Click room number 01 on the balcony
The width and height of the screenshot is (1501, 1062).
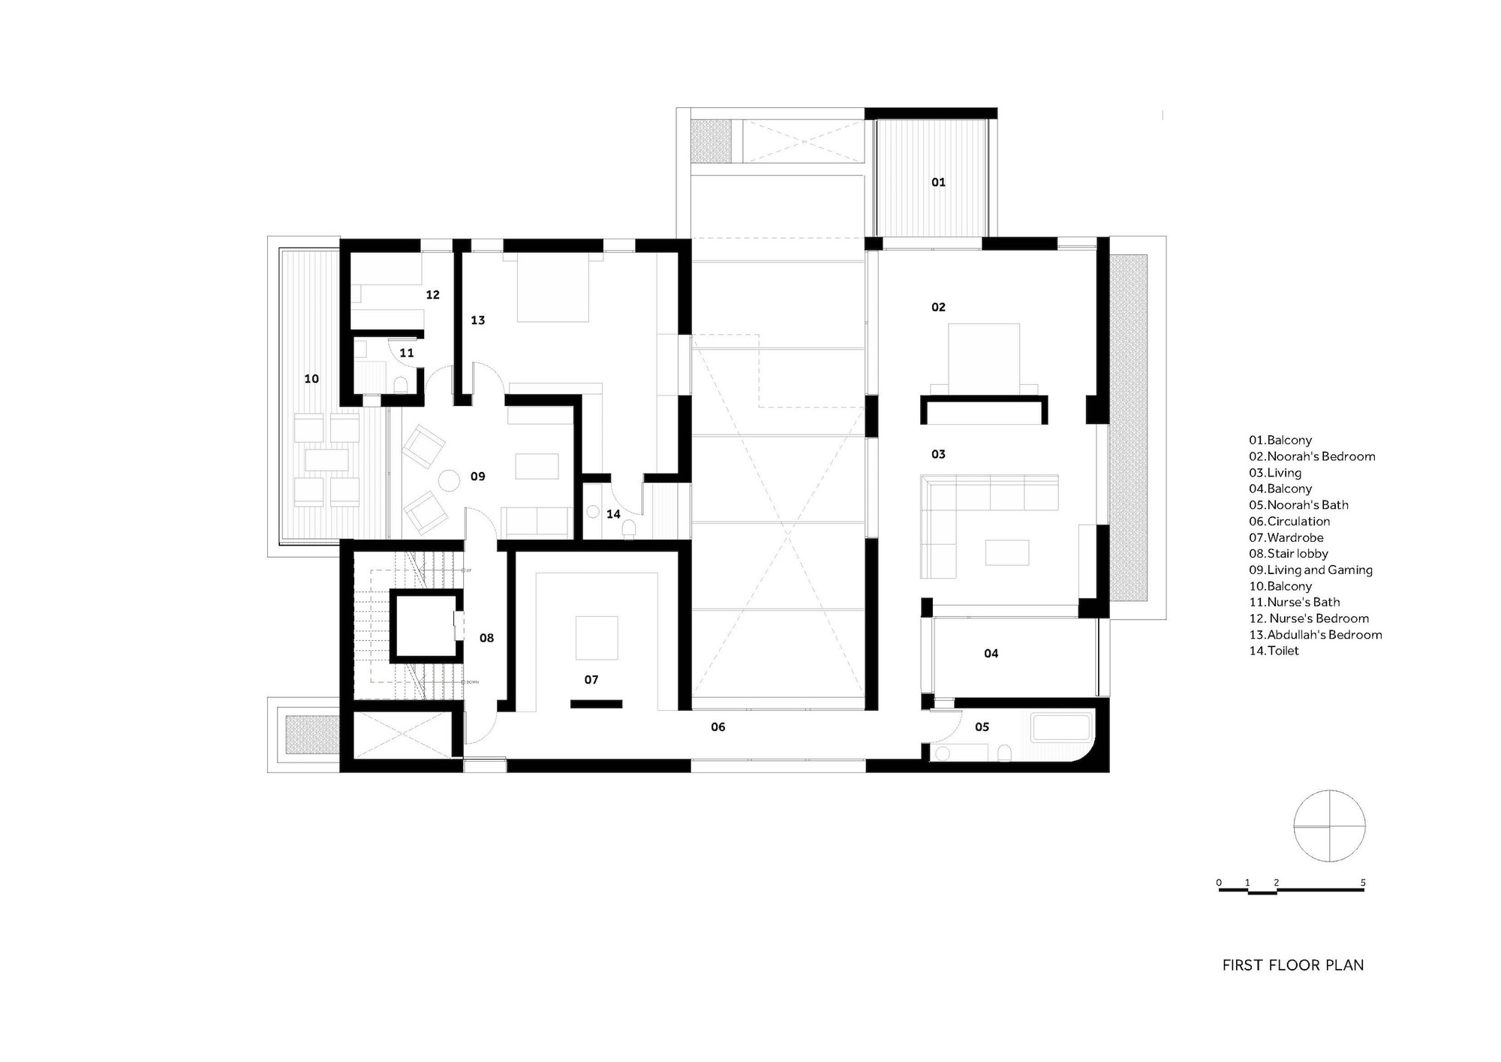[938, 182]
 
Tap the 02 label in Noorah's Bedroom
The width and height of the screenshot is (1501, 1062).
[938, 307]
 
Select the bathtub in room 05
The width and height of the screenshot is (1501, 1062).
[1061, 729]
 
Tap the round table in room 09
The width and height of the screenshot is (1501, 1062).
[450, 480]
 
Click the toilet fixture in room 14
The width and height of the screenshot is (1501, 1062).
[629, 530]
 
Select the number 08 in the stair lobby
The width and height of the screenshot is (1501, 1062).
[486, 638]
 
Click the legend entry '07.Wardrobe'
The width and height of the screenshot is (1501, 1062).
[1286, 537]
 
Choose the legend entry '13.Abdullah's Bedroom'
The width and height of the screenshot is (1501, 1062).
[1315, 635]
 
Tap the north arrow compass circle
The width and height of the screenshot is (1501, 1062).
[1329, 826]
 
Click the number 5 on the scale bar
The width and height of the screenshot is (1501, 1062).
[1362, 883]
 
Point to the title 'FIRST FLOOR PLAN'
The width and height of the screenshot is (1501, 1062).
[1292, 965]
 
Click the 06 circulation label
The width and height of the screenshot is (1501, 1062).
[717, 727]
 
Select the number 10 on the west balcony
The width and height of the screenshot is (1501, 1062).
[311, 379]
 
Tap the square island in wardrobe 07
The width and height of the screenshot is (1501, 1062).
[597, 638]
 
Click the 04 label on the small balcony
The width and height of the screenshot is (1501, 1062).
[991, 654]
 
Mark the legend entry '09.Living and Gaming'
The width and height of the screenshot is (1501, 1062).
[1310, 570]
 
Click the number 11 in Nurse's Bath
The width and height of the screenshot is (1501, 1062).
[406, 353]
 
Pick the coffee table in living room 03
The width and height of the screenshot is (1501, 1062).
[1007, 552]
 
